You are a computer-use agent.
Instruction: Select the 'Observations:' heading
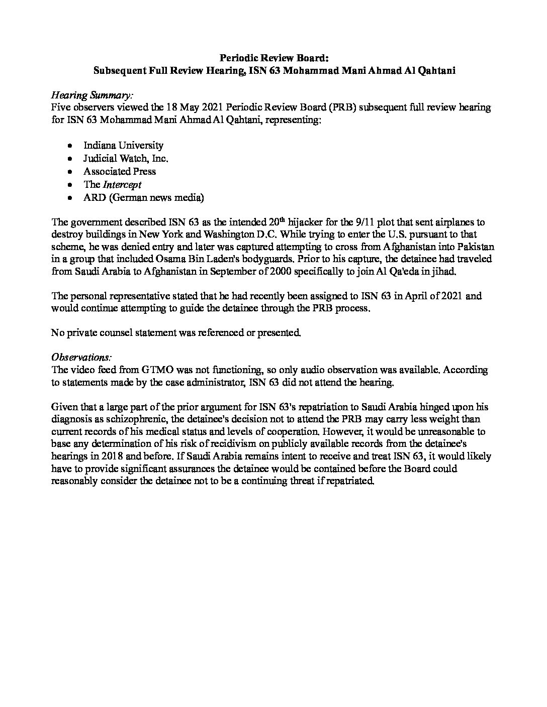coord(81,357)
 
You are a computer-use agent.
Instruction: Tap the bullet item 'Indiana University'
coord(123,145)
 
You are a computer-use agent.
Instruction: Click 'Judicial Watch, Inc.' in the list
coord(126,158)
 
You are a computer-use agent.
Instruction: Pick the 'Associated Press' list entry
coord(120,171)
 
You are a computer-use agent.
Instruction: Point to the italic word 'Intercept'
coord(122,184)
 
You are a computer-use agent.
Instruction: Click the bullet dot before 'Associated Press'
coord(70,172)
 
